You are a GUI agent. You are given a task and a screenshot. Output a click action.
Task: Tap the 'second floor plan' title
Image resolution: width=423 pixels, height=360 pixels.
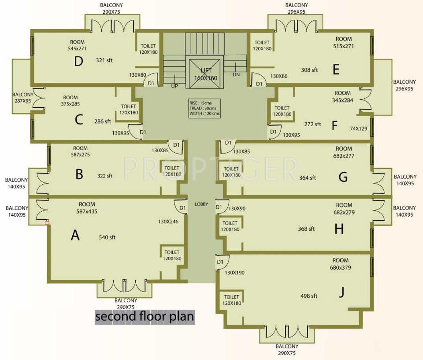[145, 317]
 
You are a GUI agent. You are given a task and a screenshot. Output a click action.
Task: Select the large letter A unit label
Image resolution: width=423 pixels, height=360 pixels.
[75, 235]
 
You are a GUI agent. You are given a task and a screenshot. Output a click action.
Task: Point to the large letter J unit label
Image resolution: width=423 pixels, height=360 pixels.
[341, 293]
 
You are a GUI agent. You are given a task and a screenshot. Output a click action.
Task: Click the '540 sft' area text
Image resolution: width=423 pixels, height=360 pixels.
[107, 237]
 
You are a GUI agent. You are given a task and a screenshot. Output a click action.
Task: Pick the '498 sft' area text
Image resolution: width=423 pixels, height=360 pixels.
[309, 296]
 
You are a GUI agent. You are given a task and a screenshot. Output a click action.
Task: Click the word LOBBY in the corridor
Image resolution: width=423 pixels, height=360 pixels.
[201, 204]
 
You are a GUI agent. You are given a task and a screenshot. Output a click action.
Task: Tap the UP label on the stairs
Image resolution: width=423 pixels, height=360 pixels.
[174, 86]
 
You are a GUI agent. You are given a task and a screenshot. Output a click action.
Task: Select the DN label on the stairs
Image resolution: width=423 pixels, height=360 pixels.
[236, 75]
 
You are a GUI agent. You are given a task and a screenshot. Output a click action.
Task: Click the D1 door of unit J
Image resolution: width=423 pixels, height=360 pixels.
[220, 262]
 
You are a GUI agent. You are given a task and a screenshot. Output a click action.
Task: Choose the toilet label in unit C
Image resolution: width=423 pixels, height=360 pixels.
[128, 109]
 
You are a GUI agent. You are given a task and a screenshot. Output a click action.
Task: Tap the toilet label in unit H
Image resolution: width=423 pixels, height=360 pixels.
[230, 226]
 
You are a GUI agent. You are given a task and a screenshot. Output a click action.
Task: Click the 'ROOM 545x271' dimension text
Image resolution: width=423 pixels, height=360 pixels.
[77, 45]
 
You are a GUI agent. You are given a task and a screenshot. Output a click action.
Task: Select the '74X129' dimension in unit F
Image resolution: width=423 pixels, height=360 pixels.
[359, 128]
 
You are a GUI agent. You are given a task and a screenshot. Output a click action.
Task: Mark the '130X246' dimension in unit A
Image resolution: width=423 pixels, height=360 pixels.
[168, 221]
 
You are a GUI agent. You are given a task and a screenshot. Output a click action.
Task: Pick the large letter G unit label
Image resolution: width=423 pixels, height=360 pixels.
[343, 177]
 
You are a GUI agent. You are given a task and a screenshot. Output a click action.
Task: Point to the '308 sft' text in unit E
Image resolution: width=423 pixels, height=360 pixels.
[309, 70]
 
